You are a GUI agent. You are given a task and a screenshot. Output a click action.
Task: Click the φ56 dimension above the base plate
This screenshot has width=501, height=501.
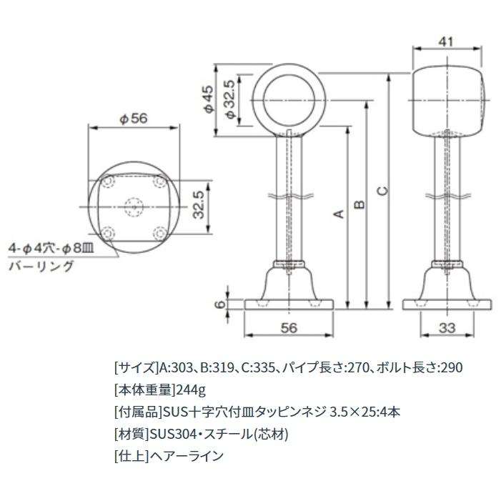tap(133, 119)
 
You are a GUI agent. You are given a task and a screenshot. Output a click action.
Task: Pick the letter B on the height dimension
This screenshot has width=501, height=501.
tap(360, 204)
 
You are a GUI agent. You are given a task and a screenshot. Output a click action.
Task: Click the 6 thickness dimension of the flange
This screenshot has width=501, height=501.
tap(222, 304)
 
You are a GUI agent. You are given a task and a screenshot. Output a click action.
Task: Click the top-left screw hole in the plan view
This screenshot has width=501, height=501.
tap(109, 183)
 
